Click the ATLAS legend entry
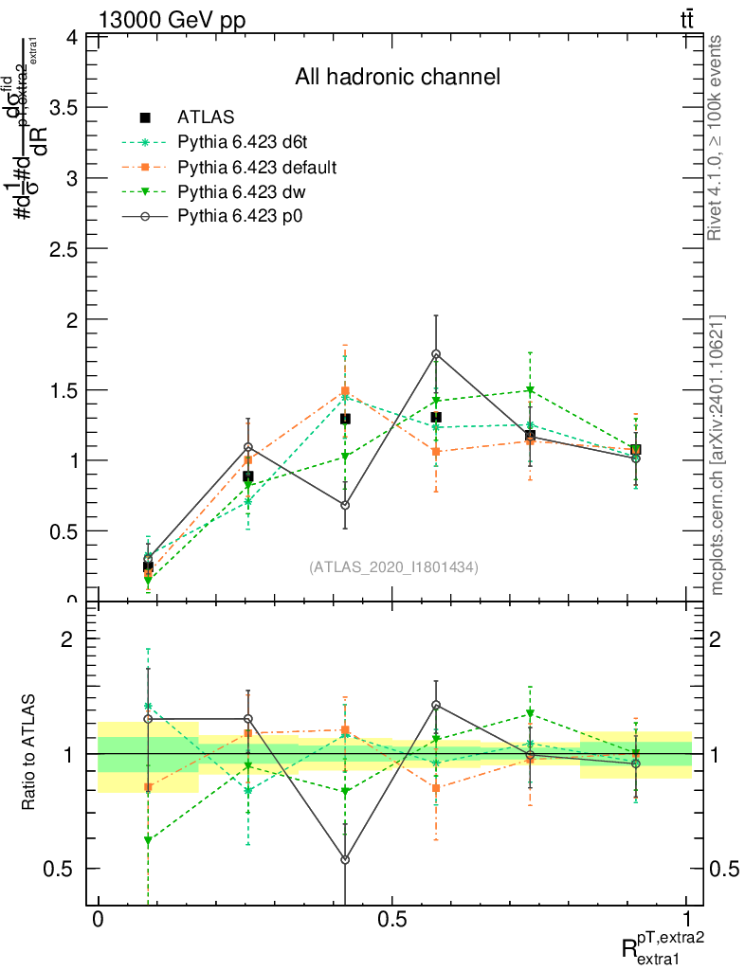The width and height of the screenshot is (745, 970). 206,117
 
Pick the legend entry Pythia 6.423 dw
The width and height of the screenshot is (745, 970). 245,191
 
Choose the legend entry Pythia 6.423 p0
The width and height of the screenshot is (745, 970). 245,216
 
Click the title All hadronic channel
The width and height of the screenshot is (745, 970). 397,77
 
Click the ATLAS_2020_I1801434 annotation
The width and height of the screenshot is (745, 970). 393,566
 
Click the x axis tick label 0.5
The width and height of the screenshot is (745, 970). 391,920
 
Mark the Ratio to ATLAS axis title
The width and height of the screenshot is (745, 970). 28,753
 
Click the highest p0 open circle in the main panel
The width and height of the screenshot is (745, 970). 436,354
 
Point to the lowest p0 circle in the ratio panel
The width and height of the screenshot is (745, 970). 345,860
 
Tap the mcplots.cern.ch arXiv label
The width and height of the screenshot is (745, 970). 717,455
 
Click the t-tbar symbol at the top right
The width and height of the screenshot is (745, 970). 686,19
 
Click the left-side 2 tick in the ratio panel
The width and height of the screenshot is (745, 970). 67,638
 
